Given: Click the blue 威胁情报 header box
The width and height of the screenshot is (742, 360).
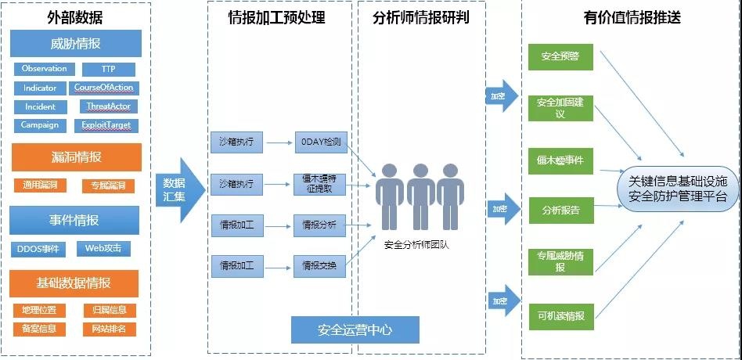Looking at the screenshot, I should coord(75,44).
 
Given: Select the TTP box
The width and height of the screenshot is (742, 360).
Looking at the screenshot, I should coord(108,70).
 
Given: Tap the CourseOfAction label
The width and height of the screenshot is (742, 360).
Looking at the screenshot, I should coord(104,88).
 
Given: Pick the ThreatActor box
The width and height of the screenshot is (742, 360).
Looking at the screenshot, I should coord(108,106).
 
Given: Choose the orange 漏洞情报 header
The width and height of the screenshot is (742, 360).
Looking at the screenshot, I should coord(75,157).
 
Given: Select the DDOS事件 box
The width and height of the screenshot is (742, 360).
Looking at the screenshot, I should coord(38,250).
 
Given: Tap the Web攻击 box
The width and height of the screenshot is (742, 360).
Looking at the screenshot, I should coord(103,249).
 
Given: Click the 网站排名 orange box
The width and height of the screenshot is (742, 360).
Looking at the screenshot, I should coord(109,329).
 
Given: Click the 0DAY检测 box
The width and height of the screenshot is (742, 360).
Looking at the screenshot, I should coord(319,142).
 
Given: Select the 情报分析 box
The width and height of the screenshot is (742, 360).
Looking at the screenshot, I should coord(319,225).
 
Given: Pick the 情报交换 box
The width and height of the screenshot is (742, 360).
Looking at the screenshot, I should coord(319,266).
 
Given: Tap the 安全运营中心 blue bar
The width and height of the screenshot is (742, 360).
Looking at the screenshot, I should coord(355,330).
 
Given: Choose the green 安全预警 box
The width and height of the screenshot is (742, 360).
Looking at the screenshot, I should coord(560,57).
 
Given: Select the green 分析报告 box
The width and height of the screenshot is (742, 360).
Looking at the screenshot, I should coord(560,211).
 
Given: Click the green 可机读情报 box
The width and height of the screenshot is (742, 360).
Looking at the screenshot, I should coord(560,316).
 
